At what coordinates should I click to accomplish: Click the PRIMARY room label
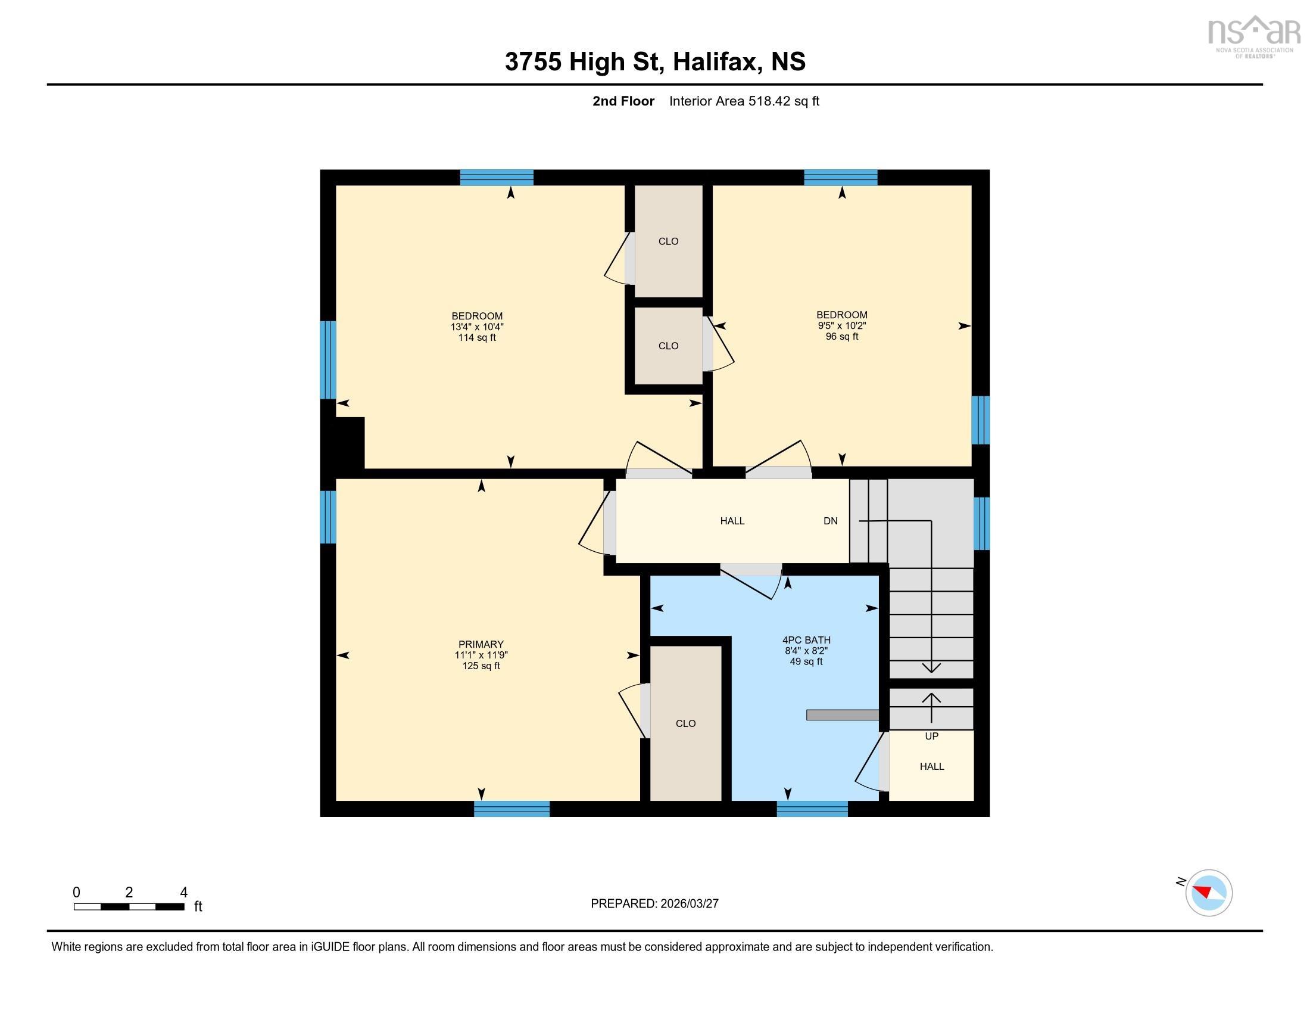(481, 645)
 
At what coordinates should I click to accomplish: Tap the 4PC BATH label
(806, 641)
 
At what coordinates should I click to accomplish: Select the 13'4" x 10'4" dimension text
(477, 327)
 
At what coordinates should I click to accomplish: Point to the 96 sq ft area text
(841, 337)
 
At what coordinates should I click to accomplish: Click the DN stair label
(830, 521)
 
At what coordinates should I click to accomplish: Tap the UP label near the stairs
(931, 737)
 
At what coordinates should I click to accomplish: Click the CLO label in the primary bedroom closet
(685, 724)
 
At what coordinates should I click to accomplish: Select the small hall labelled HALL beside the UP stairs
(931, 766)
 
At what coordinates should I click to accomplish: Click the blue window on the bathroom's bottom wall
(812, 809)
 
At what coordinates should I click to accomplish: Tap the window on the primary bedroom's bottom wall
(511, 809)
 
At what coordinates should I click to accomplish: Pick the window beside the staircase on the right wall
(981, 523)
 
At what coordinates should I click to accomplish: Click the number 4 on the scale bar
(183, 893)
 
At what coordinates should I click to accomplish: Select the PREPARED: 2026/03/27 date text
(654, 904)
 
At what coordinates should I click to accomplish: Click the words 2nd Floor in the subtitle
(623, 101)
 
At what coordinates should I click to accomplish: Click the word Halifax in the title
(714, 62)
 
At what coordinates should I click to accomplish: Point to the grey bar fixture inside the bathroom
(842, 714)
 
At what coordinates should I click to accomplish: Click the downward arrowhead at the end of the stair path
(931, 667)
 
